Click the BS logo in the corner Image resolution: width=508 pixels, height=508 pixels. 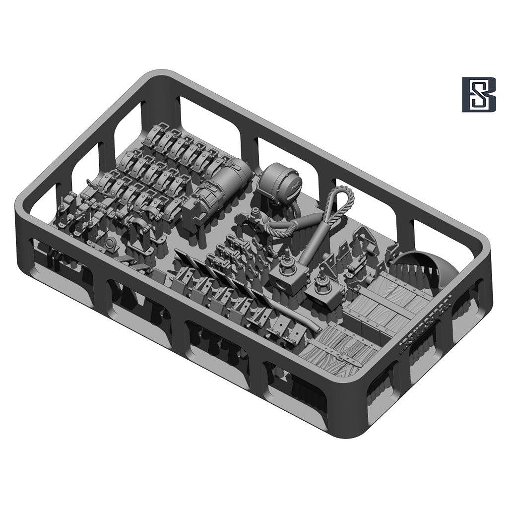pyautogui.click(x=479, y=94)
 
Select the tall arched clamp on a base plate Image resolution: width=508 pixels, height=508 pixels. pyautogui.click(x=138, y=233)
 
